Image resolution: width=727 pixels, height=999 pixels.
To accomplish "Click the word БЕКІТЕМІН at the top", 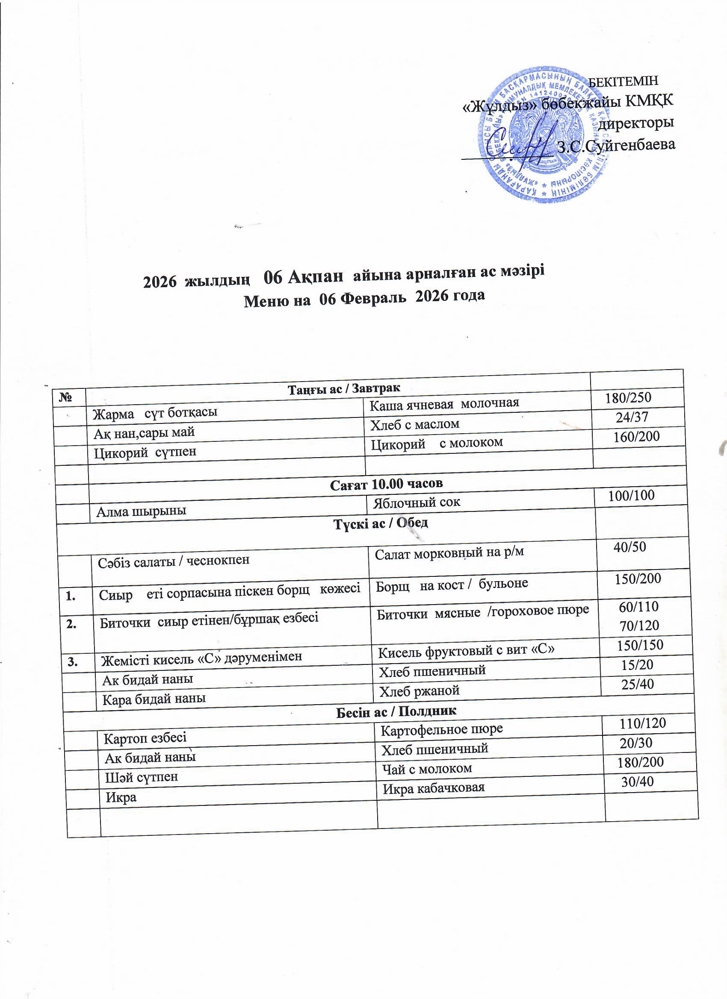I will pyautogui.click(x=624, y=82).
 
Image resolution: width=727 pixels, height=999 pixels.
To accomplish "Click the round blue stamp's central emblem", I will pyautogui.click(x=545, y=132).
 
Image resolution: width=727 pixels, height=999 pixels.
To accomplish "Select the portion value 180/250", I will pyautogui.click(x=628, y=398).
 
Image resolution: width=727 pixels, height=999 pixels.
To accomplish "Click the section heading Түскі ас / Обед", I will pyautogui.click(x=381, y=523).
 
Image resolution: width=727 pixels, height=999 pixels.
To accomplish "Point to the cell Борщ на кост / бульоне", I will pyautogui.click(x=452, y=584).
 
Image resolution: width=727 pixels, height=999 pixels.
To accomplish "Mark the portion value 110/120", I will pyautogui.click(x=642, y=723).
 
